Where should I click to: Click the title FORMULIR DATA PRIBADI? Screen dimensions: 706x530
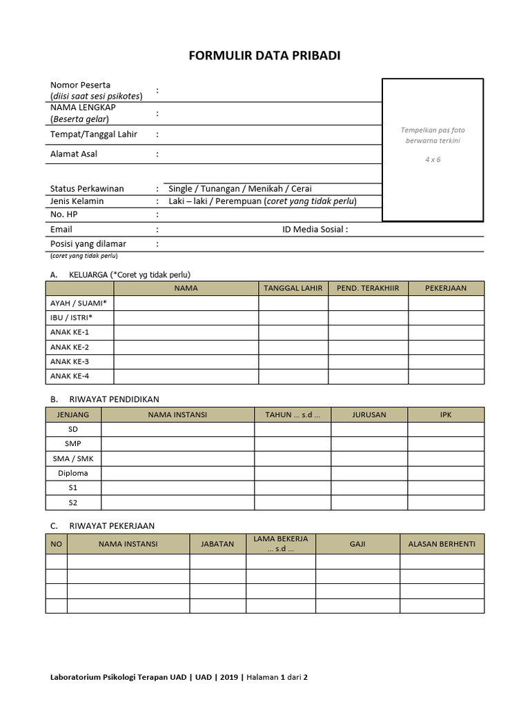tap(264, 56)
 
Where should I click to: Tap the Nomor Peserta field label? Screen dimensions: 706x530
tap(80, 85)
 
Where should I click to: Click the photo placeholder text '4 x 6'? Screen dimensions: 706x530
tap(433, 159)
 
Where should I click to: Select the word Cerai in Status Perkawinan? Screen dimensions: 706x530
tap(302, 188)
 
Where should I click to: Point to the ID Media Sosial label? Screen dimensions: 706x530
tap(315, 230)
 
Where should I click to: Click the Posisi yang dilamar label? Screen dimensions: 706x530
tap(88, 243)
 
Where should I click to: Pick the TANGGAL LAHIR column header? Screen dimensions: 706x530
tap(293, 288)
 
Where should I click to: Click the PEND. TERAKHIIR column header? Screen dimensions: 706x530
tap(368, 288)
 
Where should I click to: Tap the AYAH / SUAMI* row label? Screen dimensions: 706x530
tap(79, 303)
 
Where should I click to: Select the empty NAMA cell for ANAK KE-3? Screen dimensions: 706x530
tap(186, 361)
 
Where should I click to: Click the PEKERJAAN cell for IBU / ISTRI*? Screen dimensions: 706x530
tap(446, 317)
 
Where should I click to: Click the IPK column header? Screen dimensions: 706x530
tap(446, 415)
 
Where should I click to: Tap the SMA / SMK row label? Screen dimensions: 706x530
tap(72, 458)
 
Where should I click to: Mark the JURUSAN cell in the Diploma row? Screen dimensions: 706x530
tap(369, 473)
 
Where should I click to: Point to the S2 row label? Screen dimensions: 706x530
tap(72, 502)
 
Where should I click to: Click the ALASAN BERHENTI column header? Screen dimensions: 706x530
tap(442, 544)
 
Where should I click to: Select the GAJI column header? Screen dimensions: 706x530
tap(357, 544)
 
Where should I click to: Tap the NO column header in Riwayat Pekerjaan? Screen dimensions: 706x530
tap(57, 544)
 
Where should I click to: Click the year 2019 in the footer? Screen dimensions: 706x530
tap(230, 677)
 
